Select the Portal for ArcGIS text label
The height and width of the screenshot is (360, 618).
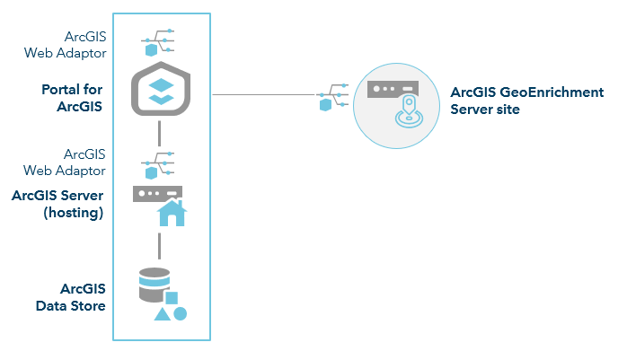(72, 98)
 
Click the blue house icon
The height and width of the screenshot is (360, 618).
(171, 214)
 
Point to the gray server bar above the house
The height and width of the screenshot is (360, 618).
(157, 193)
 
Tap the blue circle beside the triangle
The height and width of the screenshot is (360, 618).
(180, 313)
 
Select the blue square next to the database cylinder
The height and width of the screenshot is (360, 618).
(171, 297)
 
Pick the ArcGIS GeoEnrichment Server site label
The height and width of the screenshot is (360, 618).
(526, 101)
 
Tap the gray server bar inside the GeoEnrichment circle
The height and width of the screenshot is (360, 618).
(394, 91)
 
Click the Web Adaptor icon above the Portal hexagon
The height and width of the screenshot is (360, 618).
(158, 44)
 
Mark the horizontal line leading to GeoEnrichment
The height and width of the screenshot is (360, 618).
(265, 95)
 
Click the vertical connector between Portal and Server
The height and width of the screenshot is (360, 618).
(158, 133)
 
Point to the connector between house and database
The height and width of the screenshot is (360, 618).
(158, 243)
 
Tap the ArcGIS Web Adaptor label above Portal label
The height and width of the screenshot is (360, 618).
(78, 45)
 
